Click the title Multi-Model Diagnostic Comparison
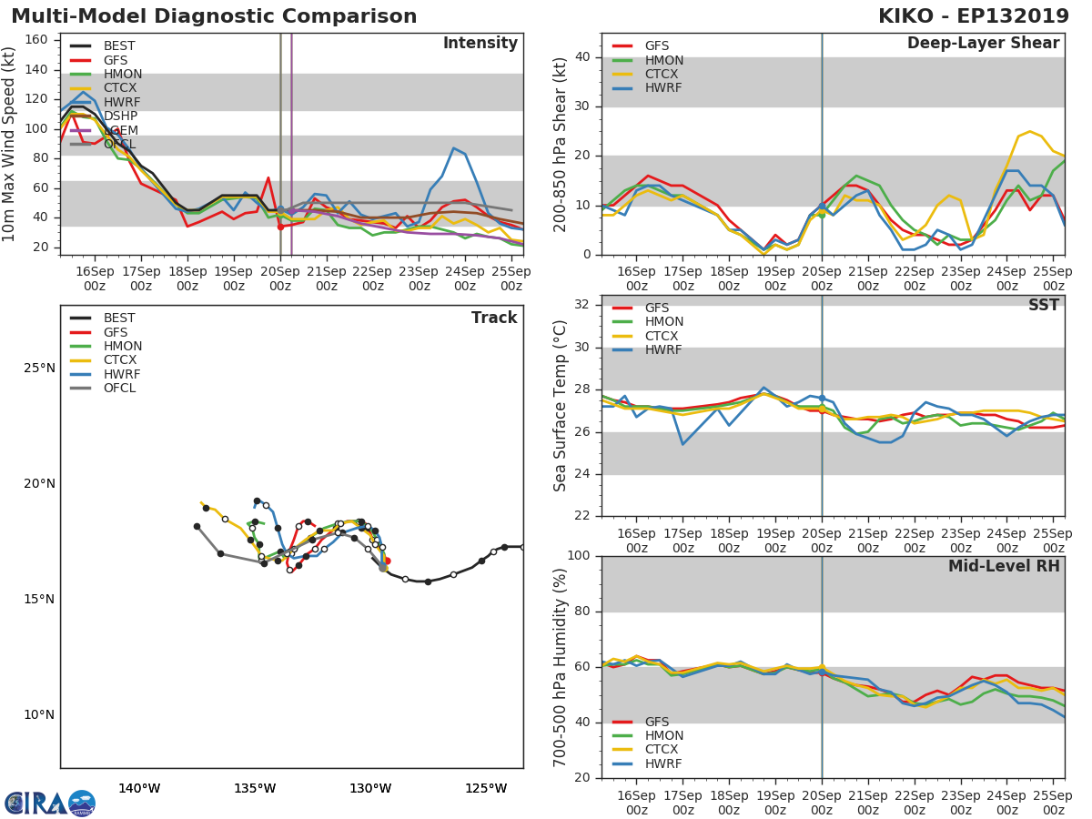click(214, 16)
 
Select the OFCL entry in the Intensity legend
click(119, 145)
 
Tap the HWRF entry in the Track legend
click(122, 374)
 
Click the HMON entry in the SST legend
click(663, 322)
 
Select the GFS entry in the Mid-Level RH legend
click(656, 722)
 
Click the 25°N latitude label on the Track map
click(38, 368)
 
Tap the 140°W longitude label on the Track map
click(139, 788)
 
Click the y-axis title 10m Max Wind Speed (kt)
click(10, 146)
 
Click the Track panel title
click(494, 318)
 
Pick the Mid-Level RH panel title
click(1004, 566)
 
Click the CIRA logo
click(50, 803)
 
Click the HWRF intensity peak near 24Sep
click(453, 147)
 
